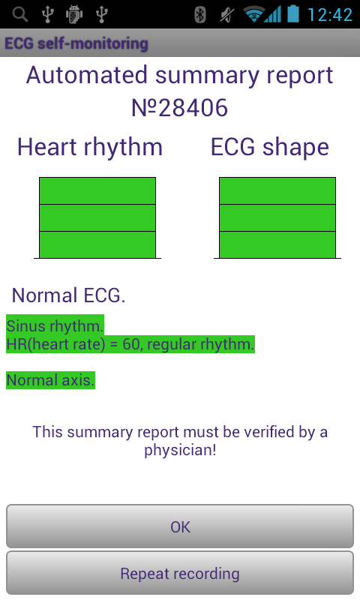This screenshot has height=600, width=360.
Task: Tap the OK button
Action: click(180, 526)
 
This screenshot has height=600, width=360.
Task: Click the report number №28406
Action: click(179, 108)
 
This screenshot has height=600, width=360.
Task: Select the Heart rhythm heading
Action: click(90, 148)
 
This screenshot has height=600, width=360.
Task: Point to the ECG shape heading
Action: click(270, 148)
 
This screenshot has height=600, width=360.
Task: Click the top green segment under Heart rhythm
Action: click(97, 190)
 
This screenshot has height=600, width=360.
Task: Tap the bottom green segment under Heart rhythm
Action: click(97, 245)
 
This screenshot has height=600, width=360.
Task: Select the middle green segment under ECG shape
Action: click(277, 217)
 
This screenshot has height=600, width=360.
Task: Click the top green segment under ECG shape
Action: click(277, 190)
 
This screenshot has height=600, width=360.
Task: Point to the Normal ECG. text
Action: click(68, 295)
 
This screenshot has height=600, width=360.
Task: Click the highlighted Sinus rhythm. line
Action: click(55, 326)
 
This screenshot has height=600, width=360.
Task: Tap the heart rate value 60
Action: click(131, 344)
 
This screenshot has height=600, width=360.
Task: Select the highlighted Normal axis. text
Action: click(50, 380)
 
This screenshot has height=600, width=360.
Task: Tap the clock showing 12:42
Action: click(330, 15)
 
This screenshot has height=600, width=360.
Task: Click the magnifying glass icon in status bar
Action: click(20, 14)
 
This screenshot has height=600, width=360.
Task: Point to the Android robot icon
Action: click(74, 15)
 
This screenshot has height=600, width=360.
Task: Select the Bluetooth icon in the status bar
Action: click(200, 15)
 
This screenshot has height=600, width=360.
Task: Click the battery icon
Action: click(293, 13)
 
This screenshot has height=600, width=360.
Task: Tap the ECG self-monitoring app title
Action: click(76, 43)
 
